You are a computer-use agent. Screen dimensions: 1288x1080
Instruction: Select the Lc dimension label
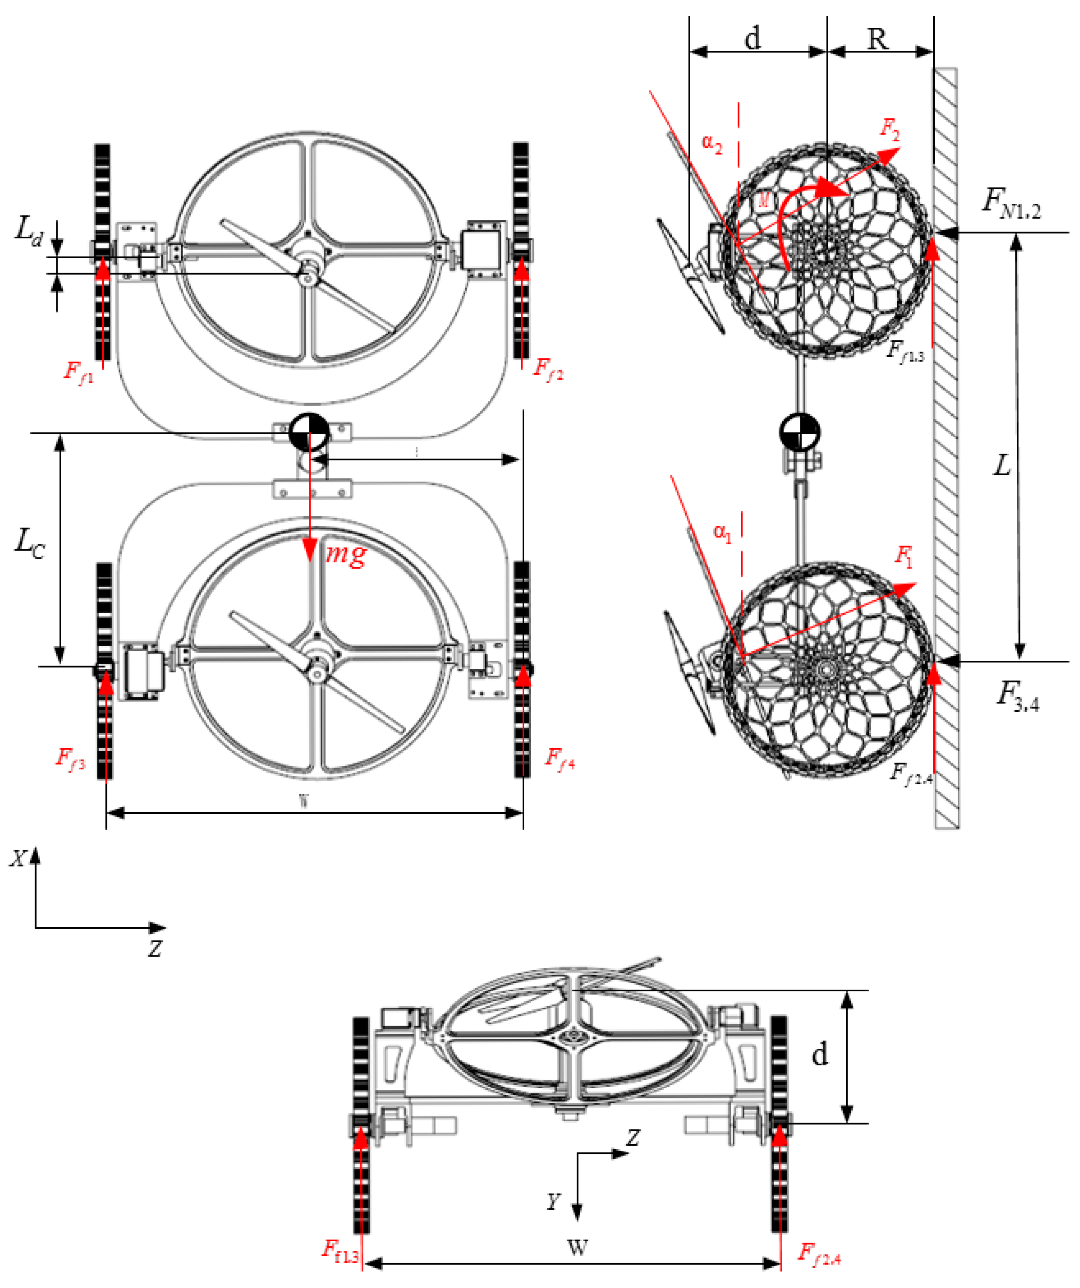[29, 543]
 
